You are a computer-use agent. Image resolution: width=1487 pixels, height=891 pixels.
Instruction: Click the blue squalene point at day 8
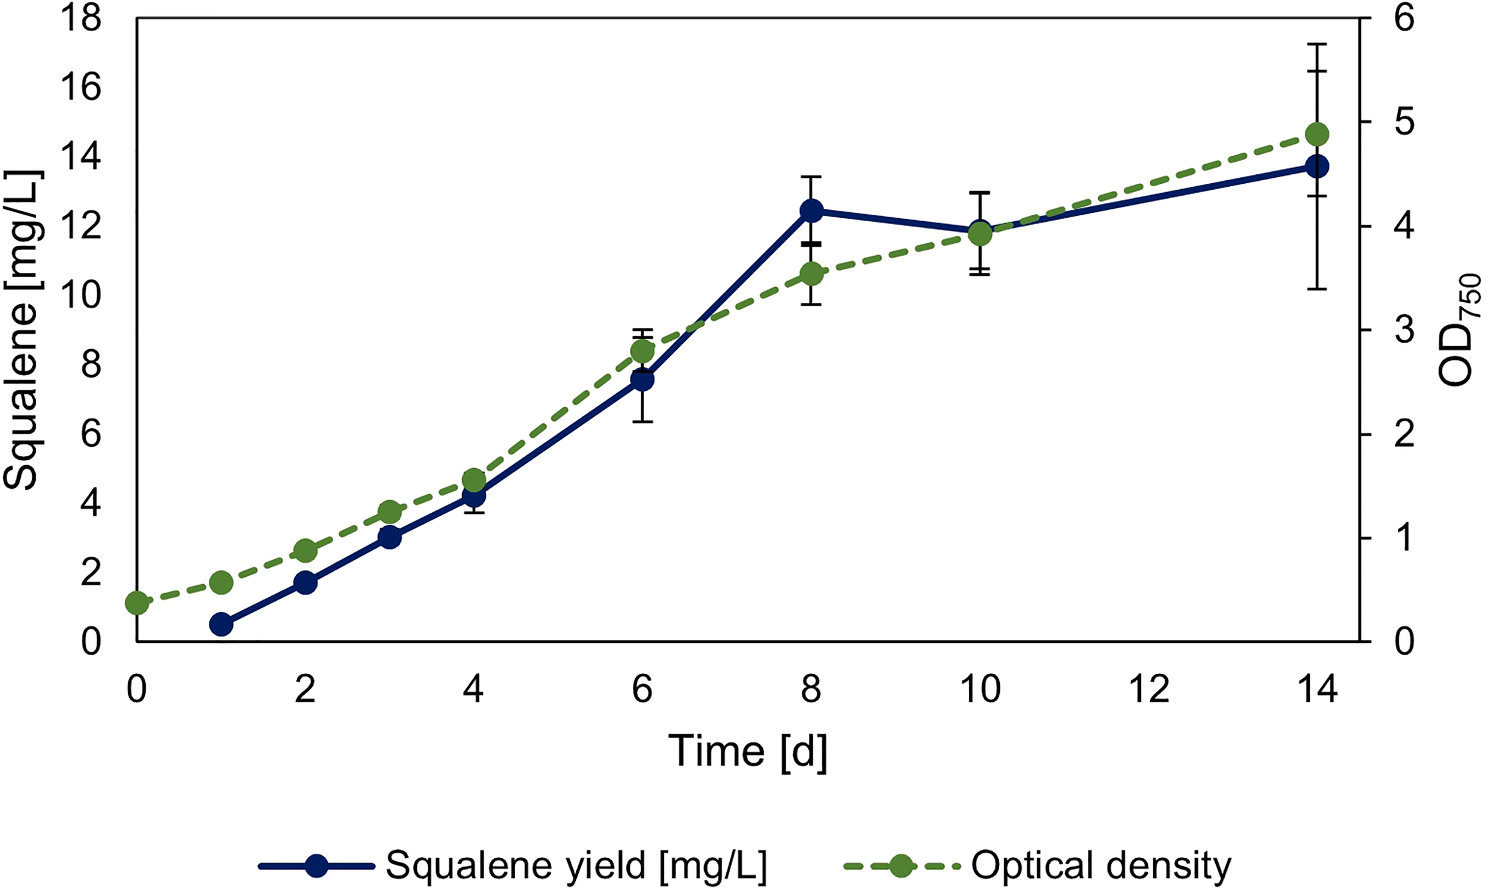point(811,211)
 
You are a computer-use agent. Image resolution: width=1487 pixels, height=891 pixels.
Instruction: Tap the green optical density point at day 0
point(137,603)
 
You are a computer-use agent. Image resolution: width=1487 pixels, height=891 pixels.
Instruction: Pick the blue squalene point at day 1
point(221,625)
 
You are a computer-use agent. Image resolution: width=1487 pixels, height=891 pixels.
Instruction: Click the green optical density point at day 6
point(642,352)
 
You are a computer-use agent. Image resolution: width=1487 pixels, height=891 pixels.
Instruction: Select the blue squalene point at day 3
point(390,537)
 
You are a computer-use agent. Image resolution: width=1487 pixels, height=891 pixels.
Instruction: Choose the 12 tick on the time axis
point(1149,689)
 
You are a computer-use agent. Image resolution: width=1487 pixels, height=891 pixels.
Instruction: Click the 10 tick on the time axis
point(980,689)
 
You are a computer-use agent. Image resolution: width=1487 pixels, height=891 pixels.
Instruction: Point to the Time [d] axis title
point(748,751)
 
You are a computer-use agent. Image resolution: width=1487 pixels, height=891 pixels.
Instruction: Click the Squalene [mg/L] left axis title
point(23,330)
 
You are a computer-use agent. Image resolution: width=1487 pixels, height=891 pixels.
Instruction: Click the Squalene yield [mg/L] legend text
point(576,865)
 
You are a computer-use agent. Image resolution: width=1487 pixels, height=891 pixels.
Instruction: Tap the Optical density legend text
point(1102,865)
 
